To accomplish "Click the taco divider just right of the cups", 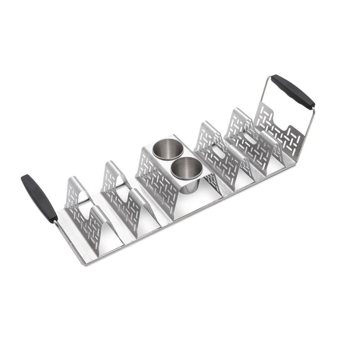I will point(211,148).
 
